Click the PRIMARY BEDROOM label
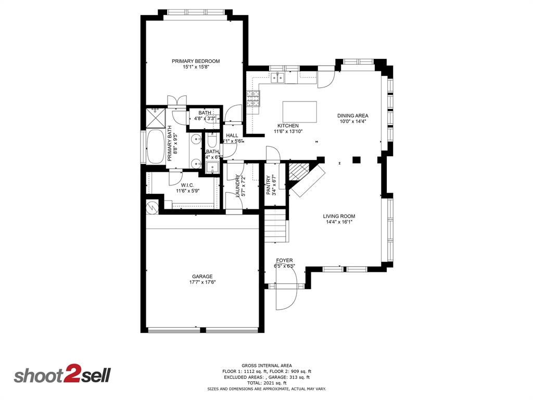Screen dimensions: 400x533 [x=196, y=61]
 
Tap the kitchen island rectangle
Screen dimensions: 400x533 [x=299, y=111]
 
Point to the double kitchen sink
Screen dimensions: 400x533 [x=277, y=78]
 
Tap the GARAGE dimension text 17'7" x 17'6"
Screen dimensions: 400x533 [x=202, y=282]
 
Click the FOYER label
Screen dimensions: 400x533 [x=284, y=260]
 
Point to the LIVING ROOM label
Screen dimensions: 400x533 [x=339, y=216]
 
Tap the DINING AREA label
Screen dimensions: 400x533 [x=353, y=116]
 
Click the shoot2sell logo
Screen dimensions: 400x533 [x=62, y=375]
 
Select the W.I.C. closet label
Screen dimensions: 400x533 [x=188, y=185]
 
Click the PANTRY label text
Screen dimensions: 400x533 [x=269, y=185]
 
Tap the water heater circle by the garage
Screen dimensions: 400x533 [x=151, y=208]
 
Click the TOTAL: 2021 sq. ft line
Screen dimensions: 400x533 [x=266, y=383]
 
